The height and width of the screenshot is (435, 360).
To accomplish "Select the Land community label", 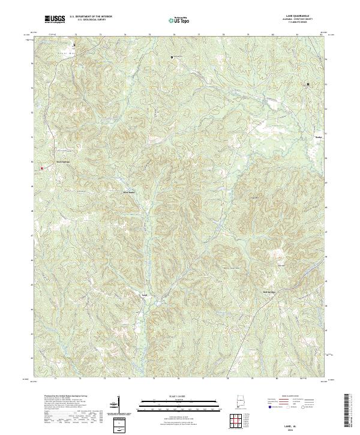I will click(144, 295).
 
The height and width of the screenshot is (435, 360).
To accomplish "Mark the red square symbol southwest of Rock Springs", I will click(41, 168).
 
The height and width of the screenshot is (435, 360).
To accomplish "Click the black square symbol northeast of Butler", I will click(308, 84).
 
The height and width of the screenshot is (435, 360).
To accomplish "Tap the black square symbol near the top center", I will click(172, 57).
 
